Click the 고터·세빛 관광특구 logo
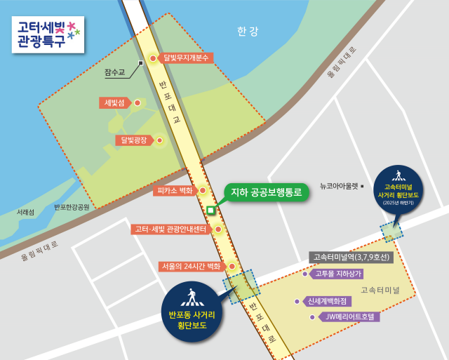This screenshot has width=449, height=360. point(47,34)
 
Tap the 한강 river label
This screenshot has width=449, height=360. point(248,31)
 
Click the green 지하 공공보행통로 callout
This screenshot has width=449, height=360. point(266,191)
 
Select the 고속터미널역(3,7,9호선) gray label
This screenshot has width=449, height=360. point(351,258)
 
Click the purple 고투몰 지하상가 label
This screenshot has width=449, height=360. point(338,274)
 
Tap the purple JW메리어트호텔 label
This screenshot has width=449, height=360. point(351,316)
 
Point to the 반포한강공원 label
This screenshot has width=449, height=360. point(72,207)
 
